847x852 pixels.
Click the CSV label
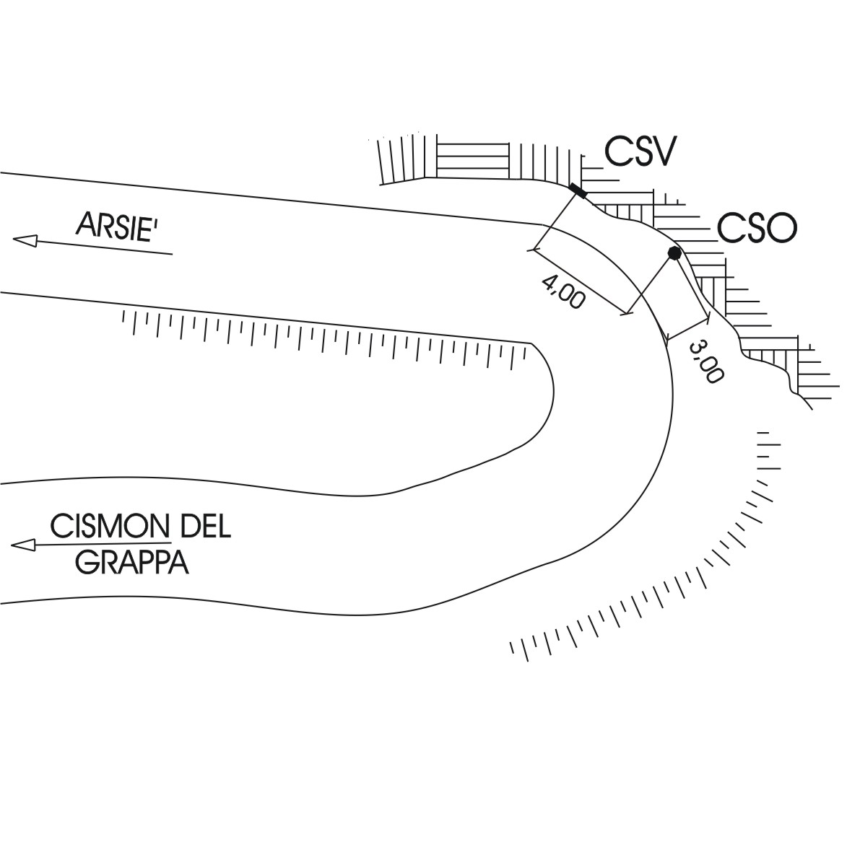click(x=640, y=151)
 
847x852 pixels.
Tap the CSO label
click(x=757, y=228)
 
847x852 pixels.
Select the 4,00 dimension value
click(x=562, y=291)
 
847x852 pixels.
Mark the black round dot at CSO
click(x=674, y=252)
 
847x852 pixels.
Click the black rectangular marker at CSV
click(x=578, y=190)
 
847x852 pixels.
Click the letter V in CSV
click(x=662, y=151)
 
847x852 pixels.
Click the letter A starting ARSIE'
click(x=86, y=226)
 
